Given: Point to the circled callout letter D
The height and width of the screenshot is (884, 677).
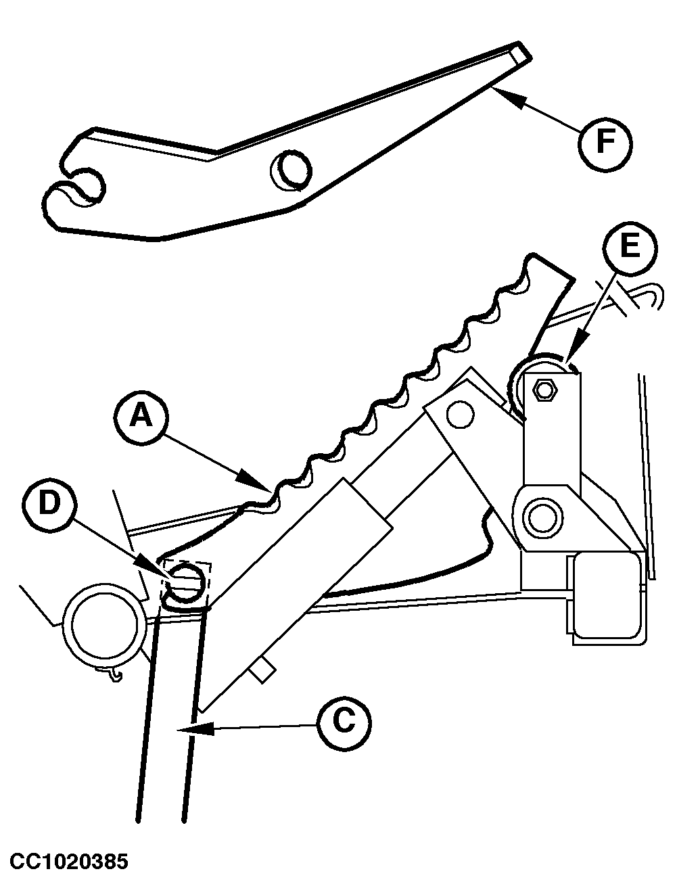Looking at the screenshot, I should coord(49,505).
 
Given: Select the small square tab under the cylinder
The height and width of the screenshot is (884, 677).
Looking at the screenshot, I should coord(261,670).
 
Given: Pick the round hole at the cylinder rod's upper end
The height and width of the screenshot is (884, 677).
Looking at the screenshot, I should coord(460,413).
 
